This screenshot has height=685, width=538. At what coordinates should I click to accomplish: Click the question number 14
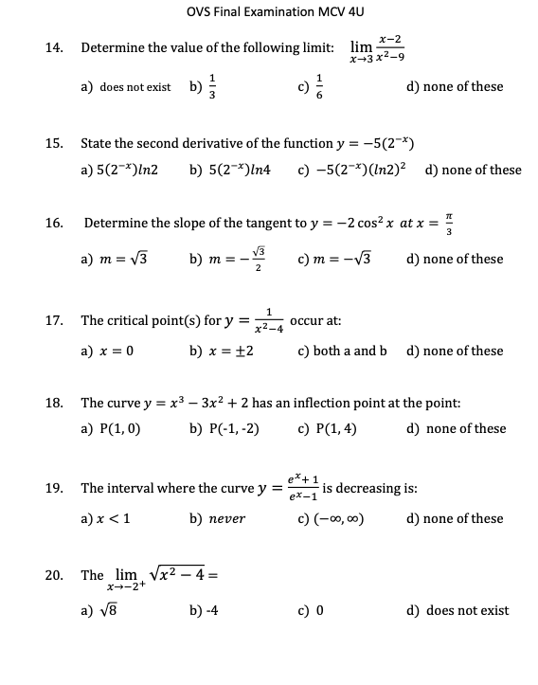[53, 47]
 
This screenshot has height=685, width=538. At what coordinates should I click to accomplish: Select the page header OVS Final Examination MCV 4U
[268, 11]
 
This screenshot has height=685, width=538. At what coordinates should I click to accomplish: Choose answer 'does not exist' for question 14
[133, 87]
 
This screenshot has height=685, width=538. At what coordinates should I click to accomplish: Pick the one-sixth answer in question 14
[319, 86]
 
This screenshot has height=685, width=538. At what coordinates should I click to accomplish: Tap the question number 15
[53, 144]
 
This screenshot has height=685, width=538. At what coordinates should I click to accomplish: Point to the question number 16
[53, 224]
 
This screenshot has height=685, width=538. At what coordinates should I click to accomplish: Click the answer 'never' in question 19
[227, 519]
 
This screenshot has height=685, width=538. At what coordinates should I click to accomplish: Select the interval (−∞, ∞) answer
[339, 519]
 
